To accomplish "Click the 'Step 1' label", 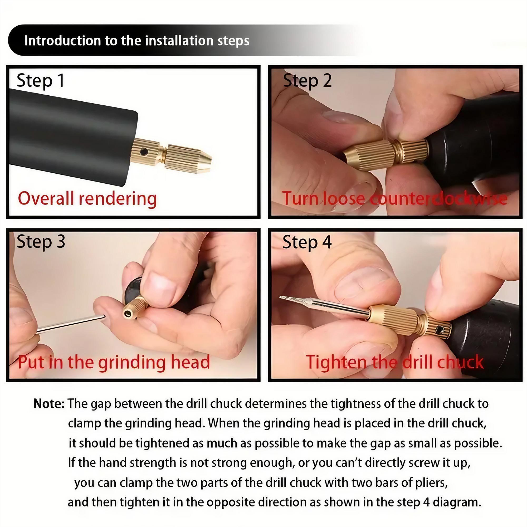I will point(40,81).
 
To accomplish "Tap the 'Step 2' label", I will point(307,81).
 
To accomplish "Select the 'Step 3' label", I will point(41,242).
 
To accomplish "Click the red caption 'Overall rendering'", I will point(87,199).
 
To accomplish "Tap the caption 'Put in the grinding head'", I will point(114,362).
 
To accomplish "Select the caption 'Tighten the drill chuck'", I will point(394,362).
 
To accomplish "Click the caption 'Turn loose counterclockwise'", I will point(394,199).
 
